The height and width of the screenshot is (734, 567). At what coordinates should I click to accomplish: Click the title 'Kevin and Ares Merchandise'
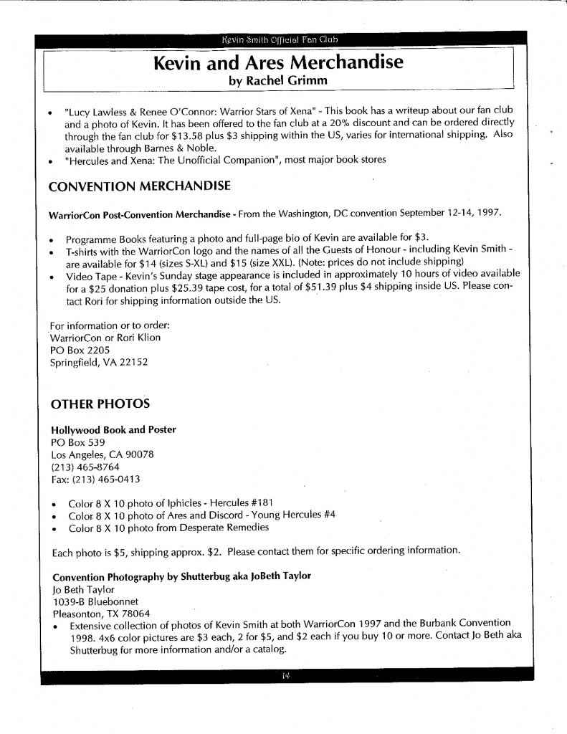278,63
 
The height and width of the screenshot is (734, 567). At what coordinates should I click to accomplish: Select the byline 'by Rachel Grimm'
278,81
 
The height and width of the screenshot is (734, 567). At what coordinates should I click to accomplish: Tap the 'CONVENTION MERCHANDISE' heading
139,186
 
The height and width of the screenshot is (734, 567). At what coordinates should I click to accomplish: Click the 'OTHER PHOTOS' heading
100,404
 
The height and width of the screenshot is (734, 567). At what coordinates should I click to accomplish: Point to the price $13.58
168,136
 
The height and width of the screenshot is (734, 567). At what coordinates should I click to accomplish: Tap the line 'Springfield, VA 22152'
99,362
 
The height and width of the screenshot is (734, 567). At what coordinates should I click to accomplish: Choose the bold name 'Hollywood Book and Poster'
114,429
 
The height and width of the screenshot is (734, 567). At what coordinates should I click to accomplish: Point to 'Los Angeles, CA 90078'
103,454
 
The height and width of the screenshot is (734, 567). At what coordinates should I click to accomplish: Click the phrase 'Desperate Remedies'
224,528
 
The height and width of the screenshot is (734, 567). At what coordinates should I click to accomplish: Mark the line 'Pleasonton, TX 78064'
101,613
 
